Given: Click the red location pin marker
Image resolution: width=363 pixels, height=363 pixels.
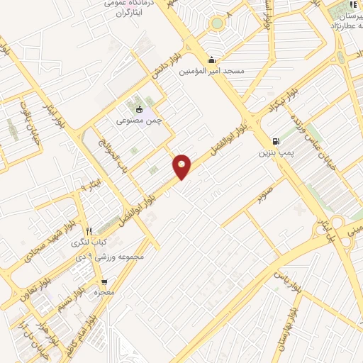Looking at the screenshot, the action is [182, 165].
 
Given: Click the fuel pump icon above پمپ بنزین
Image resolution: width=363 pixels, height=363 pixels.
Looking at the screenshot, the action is [275, 141].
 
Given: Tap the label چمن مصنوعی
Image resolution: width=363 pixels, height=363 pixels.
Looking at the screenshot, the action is [139, 121].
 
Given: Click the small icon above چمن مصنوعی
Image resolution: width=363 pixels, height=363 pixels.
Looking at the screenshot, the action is [139, 109].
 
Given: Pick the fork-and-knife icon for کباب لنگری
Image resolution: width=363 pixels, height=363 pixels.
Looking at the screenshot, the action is [89, 231].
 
